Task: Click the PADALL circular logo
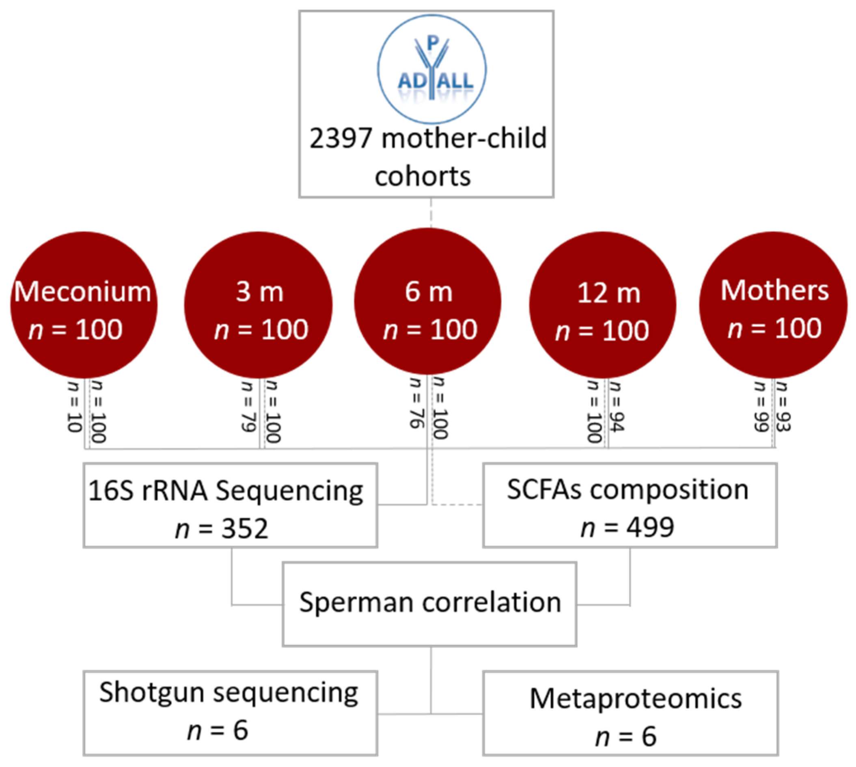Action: pos(431,69)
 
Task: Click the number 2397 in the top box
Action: pos(341,138)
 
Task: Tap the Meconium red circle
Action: pos(84,304)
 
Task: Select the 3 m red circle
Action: pos(258,304)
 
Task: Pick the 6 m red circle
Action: pos(427,301)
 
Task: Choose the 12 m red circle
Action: pos(603,304)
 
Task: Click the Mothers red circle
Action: pos(773,304)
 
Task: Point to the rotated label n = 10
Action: pos(74,406)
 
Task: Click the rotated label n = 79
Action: pos(248,406)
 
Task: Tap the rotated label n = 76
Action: pos(416,403)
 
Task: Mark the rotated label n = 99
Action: pos(760,406)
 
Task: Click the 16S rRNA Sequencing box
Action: pos(230,505)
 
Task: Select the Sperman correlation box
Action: pos(429,603)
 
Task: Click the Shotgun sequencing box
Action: pos(230,713)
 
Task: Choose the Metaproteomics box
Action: pos(630,713)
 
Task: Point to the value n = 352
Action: pos(222,528)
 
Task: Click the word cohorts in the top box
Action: pos(423,176)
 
